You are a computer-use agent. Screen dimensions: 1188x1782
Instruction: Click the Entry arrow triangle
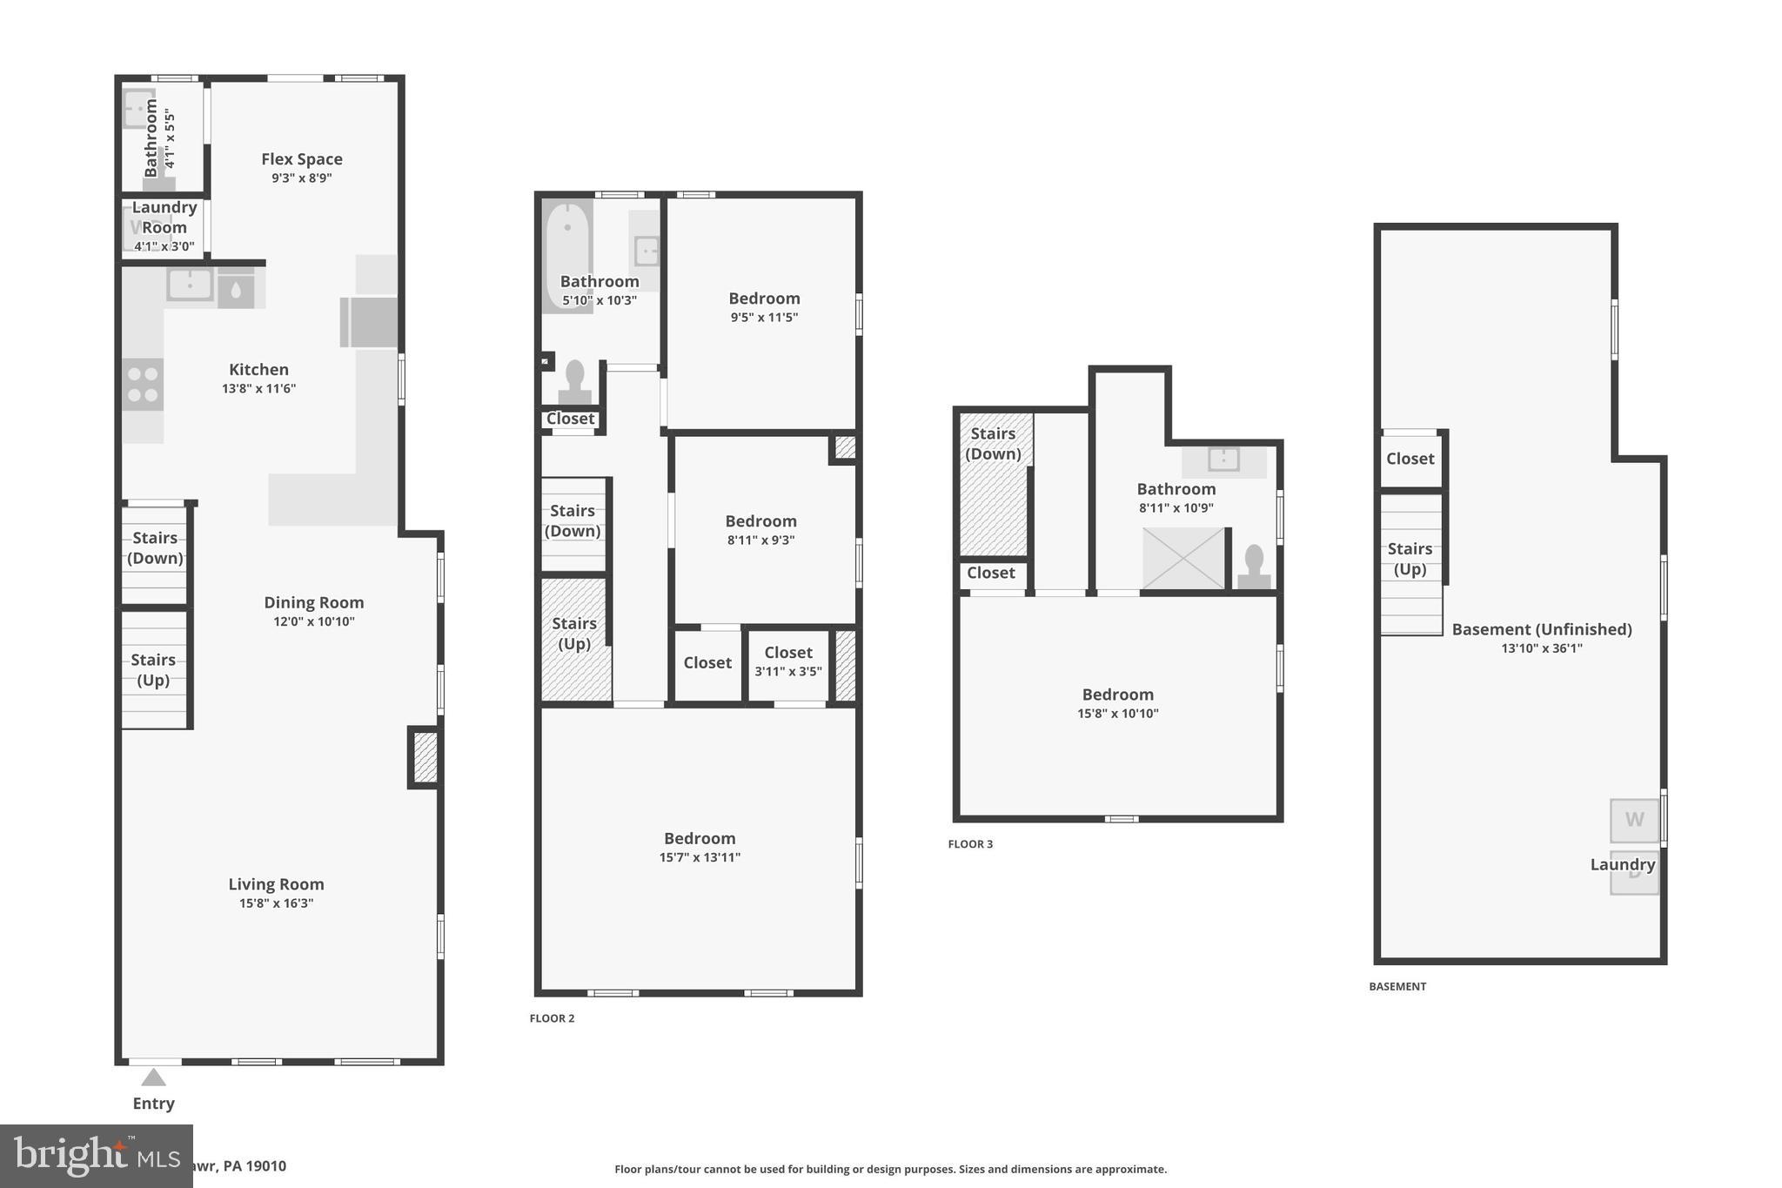[154, 1077]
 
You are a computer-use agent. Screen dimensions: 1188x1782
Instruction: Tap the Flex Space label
[302, 159]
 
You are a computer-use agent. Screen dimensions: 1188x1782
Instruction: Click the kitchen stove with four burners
[143, 384]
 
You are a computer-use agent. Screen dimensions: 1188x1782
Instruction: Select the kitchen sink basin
[190, 284]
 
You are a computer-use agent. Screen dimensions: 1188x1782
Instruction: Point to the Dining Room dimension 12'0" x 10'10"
[314, 621]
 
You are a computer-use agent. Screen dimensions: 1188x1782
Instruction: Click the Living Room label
[276, 884]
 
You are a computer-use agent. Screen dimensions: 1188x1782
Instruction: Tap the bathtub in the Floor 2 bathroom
[567, 253]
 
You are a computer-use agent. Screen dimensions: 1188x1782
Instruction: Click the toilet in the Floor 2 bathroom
[574, 381]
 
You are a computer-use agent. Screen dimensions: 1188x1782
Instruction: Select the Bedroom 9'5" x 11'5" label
[764, 299]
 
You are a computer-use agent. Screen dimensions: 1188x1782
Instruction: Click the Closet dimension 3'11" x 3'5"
[788, 671]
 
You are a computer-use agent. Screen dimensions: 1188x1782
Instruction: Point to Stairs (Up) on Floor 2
[574, 634]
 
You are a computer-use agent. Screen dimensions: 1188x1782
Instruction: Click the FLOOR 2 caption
[552, 1018]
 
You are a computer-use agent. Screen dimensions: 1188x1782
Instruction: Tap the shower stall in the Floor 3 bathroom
[1182, 558]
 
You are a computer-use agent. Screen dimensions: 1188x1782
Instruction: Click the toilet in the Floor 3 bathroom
[1254, 566]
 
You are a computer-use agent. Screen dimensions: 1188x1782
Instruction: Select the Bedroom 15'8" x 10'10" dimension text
[1117, 714]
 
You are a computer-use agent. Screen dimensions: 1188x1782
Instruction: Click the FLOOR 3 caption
[970, 844]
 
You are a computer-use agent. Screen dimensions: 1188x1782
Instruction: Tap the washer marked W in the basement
[1634, 820]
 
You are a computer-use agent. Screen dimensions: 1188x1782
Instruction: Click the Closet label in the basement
[1410, 459]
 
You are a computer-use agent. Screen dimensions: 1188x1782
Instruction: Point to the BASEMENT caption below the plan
[1397, 986]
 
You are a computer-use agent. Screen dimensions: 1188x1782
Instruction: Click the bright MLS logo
[96, 1156]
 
